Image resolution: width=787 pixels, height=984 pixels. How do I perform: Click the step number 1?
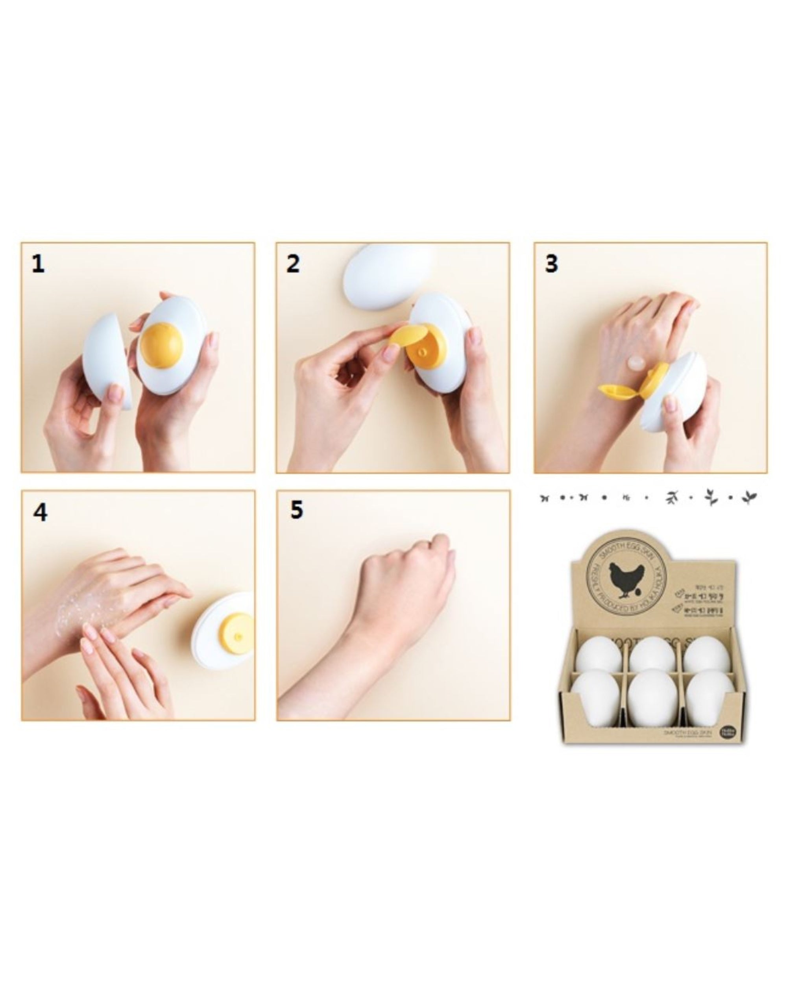38,264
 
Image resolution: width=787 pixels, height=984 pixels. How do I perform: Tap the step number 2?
293,264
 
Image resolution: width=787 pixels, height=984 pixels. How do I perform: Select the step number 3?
552,264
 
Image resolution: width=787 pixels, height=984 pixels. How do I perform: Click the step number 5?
297,510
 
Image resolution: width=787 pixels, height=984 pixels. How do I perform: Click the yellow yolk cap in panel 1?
161,346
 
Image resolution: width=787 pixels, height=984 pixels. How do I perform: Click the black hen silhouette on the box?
626,579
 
